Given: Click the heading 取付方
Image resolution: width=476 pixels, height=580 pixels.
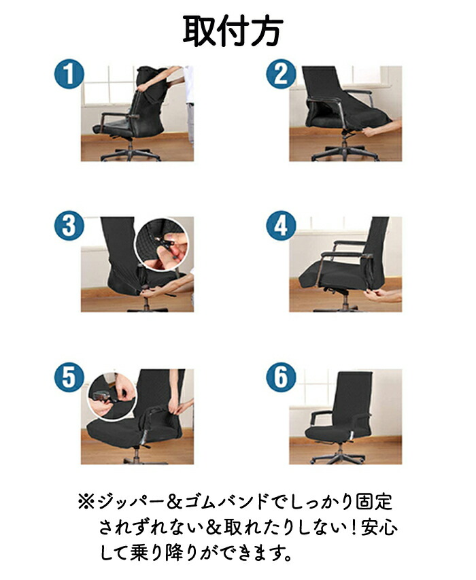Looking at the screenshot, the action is [x=233, y=31].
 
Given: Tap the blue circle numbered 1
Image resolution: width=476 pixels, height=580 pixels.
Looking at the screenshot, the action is [x=69, y=74].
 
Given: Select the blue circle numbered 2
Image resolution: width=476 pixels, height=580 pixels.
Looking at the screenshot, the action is [x=281, y=74].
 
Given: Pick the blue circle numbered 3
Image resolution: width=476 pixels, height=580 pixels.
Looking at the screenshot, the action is [x=69, y=226].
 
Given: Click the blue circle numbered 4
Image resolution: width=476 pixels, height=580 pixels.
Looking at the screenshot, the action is [x=281, y=226].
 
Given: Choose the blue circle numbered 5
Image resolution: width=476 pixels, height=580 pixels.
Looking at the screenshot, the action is [x=69, y=377].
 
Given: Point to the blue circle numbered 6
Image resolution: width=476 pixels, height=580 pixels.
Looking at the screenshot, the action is [x=281, y=377].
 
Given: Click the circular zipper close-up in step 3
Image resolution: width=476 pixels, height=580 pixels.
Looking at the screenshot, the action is [x=162, y=245].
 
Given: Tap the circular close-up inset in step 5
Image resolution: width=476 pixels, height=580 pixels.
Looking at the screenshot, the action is [x=112, y=396].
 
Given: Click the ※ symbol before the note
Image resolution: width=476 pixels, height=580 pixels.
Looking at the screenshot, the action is [x=86, y=502].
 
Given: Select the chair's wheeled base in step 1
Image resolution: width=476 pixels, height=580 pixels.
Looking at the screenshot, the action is [x=130, y=153].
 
